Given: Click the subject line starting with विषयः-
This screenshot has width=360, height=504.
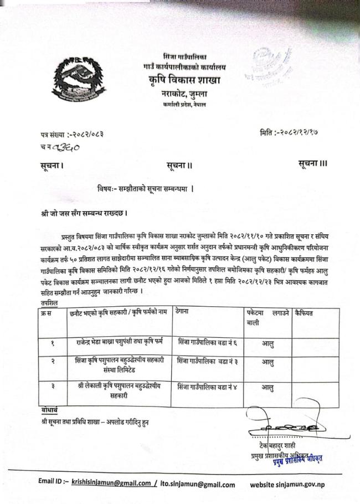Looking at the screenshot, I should click(x=145, y=189).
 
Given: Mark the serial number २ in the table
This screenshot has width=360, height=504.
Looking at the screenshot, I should click(x=52, y=362).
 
